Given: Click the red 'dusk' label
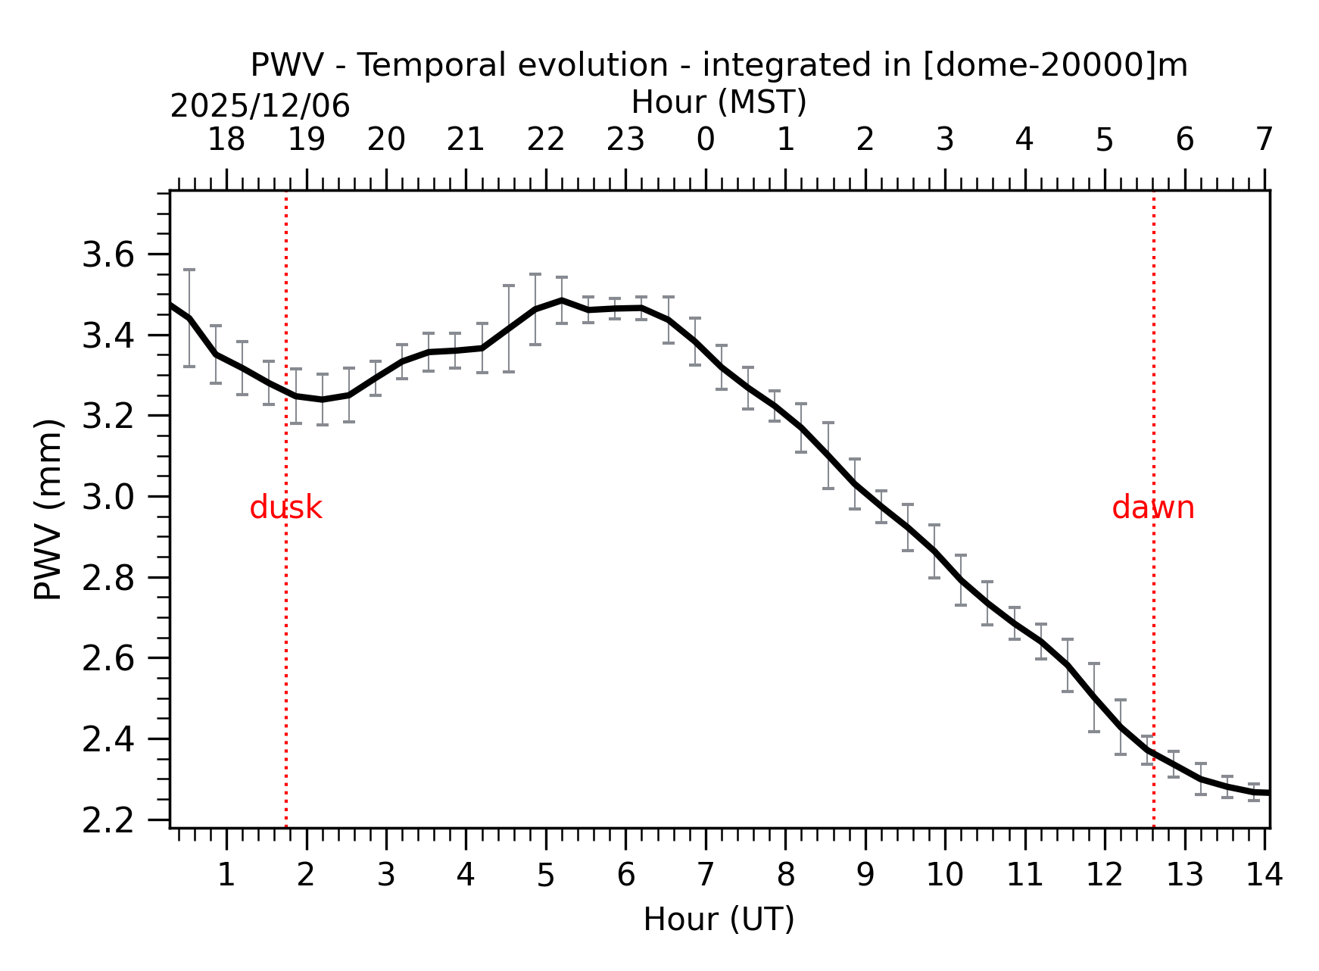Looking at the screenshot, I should (285, 507).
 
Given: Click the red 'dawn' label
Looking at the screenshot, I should (1152, 507).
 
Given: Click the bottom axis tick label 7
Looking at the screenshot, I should (705, 875).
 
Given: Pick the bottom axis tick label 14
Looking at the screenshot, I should (1264, 875).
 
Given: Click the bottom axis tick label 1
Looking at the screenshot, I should (226, 875).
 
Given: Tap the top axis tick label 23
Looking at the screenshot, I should (625, 139).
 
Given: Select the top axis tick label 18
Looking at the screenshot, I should (226, 139).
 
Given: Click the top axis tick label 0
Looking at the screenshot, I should (705, 139).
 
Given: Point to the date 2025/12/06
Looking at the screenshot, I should (260, 106).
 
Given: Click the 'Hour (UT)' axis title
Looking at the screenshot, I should (719, 919).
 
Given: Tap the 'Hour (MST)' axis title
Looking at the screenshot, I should (719, 102).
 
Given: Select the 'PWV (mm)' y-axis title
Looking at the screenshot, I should (48, 509).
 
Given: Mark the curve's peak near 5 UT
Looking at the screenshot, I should (561, 300).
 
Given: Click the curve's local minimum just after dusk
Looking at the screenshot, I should (323, 399).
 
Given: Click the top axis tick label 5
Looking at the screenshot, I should (1104, 139).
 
